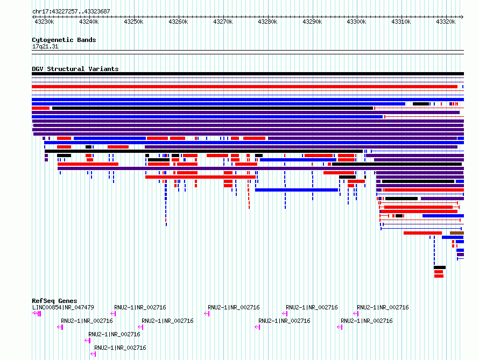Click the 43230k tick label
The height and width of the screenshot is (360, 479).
click(44, 22)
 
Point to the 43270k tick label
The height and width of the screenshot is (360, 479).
click(223, 22)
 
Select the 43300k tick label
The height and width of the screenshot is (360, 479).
click(356, 22)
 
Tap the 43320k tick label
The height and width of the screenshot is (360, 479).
click(446, 22)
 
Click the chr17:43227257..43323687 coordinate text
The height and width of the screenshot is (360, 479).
click(71, 12)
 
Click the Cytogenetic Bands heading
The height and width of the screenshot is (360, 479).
click(64, 40)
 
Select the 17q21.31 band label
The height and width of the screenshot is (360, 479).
click(45, 46)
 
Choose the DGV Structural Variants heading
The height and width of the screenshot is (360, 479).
click(75, 69)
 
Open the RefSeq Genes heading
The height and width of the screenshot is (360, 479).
click(54, 301)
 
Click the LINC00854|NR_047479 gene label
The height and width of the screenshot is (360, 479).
click(63, 307)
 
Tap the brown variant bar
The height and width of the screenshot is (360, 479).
click(457, 233)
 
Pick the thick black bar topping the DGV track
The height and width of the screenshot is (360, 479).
click(248, 74)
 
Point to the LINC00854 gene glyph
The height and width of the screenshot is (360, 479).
click(37, 314)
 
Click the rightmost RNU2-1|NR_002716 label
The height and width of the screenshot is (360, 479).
click(383, 307)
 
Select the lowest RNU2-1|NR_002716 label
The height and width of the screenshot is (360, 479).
click(120, 348)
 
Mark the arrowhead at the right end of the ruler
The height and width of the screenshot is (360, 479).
click(462, 17)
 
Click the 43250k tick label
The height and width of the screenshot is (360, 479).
click(133, 22)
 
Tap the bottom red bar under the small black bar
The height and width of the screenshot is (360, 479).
click(439, 276)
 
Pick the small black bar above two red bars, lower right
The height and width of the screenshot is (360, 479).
click(440, 267)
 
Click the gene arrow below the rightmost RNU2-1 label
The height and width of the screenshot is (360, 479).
click(356, 314)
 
